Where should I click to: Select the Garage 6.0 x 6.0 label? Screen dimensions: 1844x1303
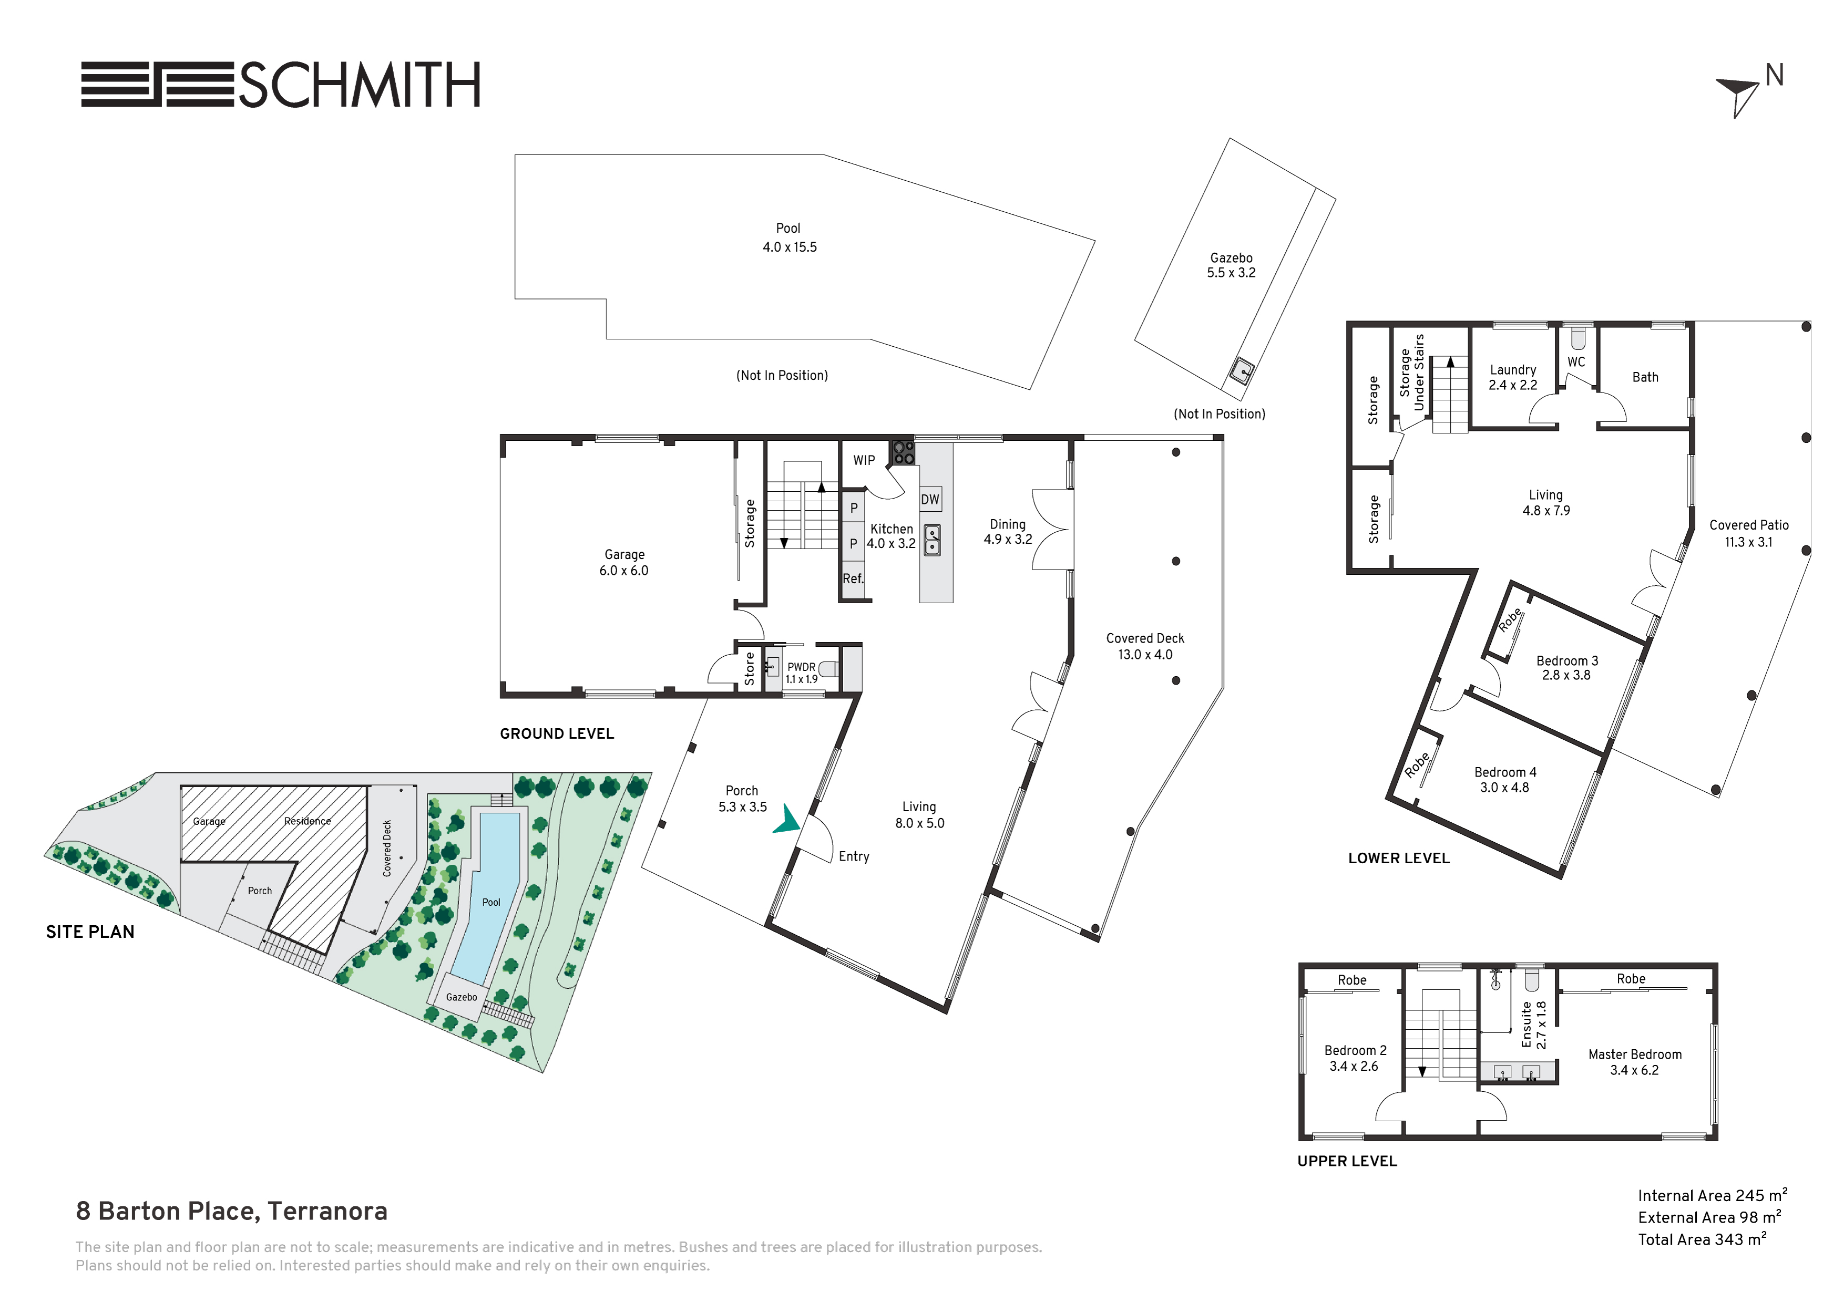[624, 562]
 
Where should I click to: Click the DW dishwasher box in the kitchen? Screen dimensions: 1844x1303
[930, 499]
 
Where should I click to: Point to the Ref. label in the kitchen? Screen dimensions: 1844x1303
[853, 578]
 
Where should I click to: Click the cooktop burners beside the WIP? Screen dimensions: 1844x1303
[904, 453]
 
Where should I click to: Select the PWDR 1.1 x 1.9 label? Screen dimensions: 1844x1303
[802, 673]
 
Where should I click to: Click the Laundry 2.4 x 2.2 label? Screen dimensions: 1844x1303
[1513, 377]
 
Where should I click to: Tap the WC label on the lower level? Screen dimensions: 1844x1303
[1576, 361]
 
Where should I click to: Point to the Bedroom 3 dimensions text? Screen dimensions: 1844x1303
[1566, 675]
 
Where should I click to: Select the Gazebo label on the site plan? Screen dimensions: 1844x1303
[462, 997]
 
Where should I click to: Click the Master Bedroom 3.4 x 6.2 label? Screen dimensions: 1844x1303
[1634, 1062]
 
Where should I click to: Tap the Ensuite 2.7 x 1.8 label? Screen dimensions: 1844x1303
[1533, 1025]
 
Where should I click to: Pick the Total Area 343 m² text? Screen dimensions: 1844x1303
[1703, 1239]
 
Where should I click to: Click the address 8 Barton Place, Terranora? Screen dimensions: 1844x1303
[231, 1212]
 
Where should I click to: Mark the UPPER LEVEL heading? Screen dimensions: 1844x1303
[1347, 1161]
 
